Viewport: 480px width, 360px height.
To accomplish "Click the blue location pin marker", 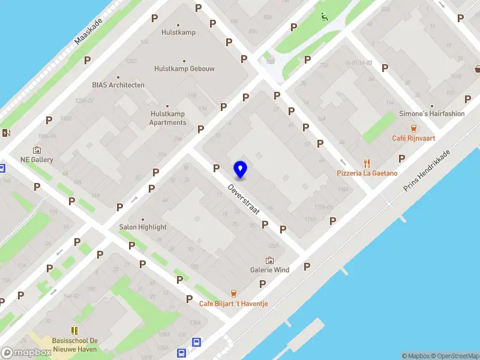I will coord(241,170).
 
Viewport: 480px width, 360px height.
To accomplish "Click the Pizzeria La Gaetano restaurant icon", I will coord(367,163).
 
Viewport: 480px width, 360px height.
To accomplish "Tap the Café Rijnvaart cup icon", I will coord(413,128).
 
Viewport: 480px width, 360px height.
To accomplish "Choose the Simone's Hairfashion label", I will coord(432,113).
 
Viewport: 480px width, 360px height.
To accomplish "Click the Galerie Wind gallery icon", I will coord(269,260).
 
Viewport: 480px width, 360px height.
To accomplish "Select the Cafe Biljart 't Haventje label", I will coord(233,304).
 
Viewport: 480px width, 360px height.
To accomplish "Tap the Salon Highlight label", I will coord(143,227).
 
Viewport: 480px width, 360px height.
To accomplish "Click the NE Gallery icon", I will coord(37,150).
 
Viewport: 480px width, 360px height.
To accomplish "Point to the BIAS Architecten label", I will coord(118,85).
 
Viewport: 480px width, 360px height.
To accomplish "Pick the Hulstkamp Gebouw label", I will coord(184,68).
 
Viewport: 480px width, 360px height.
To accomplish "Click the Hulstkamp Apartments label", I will coord(168,118).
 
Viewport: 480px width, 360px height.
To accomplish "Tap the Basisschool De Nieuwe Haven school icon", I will coord(75,331).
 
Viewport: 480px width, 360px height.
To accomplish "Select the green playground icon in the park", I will coord(325,17).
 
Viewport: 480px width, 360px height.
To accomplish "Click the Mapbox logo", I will coord(26,353).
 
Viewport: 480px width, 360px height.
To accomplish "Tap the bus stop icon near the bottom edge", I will coord(196,343).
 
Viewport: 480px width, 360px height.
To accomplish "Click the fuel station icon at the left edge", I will coord(6,133).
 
